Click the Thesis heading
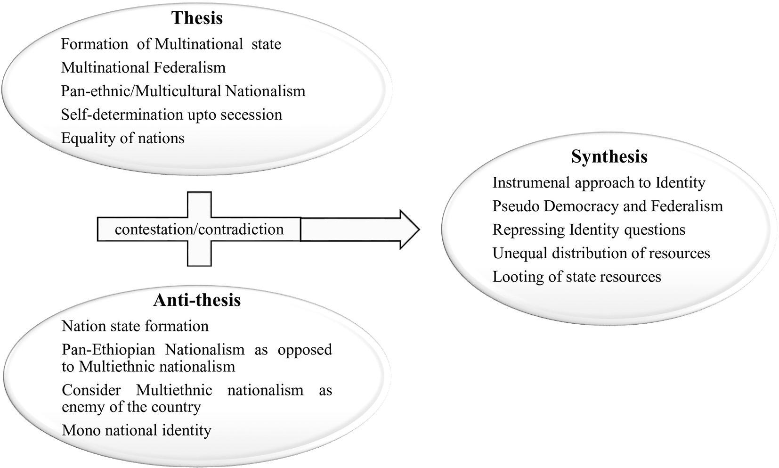(197, 18)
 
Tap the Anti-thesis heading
(197, 300)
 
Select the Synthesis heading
(609, 156)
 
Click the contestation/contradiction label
(199, 230)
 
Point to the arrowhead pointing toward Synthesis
(409, 230)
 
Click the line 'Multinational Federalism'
(143, 68)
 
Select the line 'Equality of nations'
(122, 138)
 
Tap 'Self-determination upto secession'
(171, 115)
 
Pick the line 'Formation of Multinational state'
(171, 44)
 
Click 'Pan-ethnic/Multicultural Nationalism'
(183, 91)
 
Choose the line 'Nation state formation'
(135, 326)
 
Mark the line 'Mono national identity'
(137, 430)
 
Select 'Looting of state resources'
(576, 277)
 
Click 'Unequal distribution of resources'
(601, 253)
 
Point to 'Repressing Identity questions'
(589, 230)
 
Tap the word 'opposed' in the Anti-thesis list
(305, 350)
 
